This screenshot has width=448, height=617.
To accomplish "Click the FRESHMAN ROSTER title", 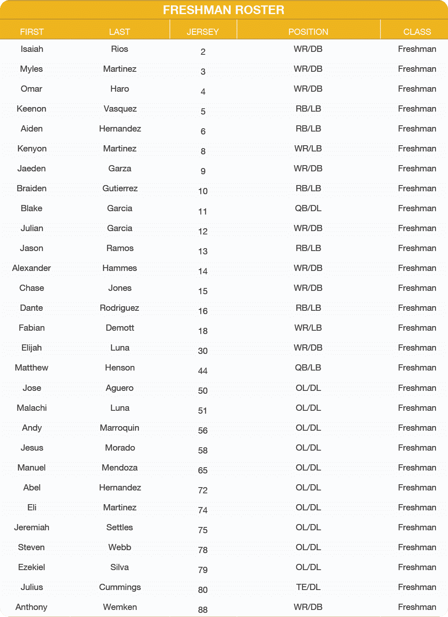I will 224,10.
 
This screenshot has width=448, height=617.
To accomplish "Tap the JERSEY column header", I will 203,32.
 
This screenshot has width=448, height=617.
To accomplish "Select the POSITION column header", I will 308,32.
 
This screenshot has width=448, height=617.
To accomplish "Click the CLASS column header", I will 417,32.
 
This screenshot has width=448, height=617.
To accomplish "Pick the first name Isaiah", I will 32,49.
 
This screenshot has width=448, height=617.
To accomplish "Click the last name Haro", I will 119,89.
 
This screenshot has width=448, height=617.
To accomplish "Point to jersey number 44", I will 203,371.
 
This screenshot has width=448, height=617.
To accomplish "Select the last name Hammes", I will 119,268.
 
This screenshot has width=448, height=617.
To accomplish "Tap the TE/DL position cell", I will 308,587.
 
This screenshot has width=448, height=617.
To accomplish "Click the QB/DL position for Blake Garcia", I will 308,208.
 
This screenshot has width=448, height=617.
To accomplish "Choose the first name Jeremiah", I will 32,527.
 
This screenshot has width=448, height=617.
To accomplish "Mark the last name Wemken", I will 119,607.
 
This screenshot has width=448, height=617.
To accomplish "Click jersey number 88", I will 203,610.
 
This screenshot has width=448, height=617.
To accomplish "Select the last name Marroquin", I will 119,428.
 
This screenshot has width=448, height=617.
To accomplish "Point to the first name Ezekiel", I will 32,567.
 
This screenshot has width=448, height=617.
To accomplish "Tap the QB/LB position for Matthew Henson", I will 308,368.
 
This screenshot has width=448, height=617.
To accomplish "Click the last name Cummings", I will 119,587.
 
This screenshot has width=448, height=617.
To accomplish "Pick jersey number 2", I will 203,52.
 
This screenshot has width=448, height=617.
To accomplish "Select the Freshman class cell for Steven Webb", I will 417,547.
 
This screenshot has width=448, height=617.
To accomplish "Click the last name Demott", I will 119,328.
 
